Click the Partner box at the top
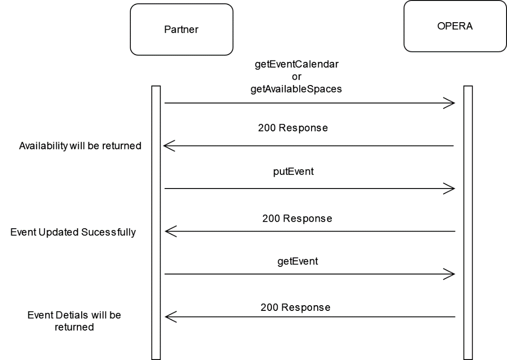(x=181, y=30)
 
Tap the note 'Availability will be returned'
(x=80, y=146)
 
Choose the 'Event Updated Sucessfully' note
(x=73, y=232)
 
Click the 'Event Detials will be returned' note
(x=74, y=321)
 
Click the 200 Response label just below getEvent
(x=295, y=307)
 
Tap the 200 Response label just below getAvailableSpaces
(x=293, y=128)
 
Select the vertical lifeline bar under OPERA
(x=468, y=222)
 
